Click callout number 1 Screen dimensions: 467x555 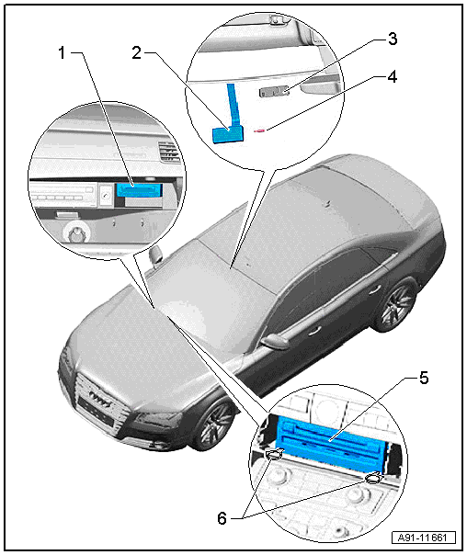[63, 53]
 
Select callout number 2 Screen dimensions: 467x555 [137, 53]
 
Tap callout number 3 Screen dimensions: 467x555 [393, 39]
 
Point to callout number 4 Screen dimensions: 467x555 [393, 77]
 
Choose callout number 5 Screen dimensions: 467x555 [424, 378]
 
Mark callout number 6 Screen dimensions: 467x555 [222, 518]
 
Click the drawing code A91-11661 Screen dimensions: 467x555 [424, 538]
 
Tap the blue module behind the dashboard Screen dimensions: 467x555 [140, 190]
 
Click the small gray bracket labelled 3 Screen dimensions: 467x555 [274, 92]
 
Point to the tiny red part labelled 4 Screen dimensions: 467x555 [259, 130]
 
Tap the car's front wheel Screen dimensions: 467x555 [213, 423]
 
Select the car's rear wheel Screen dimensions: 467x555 [396, 304]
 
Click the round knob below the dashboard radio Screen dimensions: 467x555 [75, 233]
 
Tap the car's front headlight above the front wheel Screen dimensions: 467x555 [154, 420]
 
